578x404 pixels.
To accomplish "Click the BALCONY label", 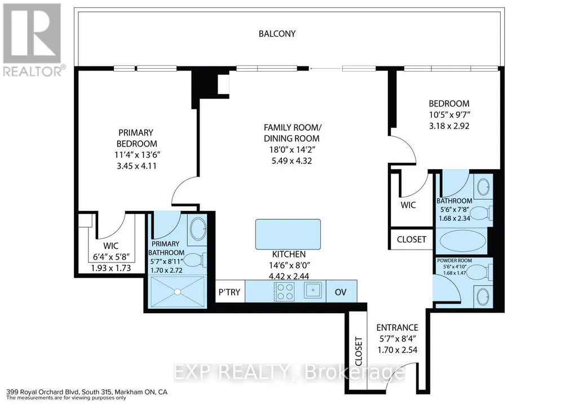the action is (x=277, y=34).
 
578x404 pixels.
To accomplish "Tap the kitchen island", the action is (x=288, y=234).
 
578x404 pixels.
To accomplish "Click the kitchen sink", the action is (x=313, y=290).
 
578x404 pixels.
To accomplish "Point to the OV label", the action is (x=341, y=292).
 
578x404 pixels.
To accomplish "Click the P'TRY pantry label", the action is (x=230, y=292).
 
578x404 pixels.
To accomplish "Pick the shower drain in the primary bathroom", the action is (x=178, y=292).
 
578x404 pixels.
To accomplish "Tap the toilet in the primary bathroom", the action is (x=195, y=260).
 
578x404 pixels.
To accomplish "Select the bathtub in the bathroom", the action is (x=461, y=241).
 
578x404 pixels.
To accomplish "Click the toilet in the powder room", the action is (x=480, y=272).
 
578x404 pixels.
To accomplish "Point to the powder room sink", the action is (x=483, y=296).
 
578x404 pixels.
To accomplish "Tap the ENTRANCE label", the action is (x=397, y=327).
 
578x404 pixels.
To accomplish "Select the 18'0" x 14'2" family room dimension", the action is (x=292, y=149).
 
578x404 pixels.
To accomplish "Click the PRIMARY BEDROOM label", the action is (x=136, y=138).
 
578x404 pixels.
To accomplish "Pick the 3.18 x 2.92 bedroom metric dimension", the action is (x=449, y=126).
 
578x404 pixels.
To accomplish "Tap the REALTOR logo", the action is (x=32, y=39).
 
